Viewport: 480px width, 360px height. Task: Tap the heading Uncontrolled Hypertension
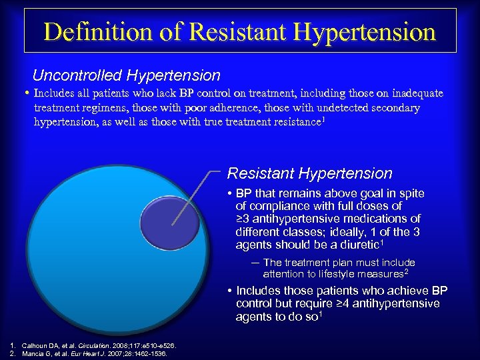tap(126, 75)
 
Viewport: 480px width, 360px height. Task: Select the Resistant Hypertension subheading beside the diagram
tap(309, 173)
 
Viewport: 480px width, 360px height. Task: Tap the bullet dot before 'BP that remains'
tap(229, 194)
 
